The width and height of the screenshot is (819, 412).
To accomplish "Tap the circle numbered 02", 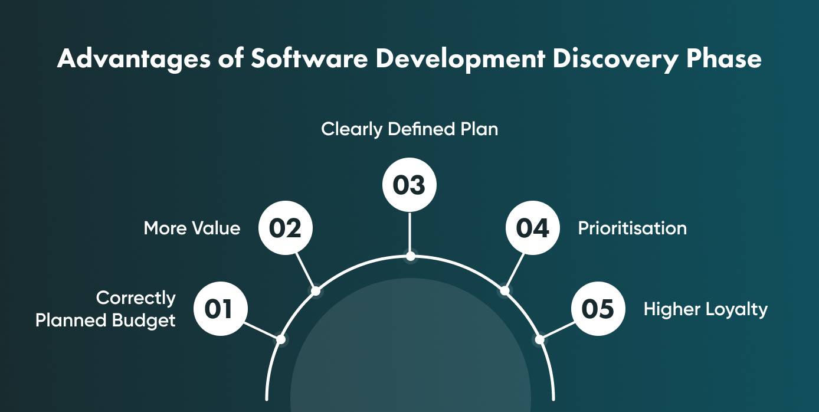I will (x=285, y=228).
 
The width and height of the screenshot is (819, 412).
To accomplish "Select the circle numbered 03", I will (x=409, y=185).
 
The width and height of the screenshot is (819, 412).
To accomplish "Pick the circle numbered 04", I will (x=532, y=228).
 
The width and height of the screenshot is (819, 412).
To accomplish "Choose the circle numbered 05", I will (x=598, y=309).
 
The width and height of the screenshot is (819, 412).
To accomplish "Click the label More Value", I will (x=192, y=228).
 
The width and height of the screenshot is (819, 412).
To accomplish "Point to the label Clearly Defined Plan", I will (x=409, y=129).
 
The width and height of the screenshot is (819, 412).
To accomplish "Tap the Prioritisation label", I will (x=632, y=228).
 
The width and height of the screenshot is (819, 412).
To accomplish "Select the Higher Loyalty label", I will (x=705, y=309).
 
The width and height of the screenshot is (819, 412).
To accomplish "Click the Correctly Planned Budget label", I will (x=106, y=309).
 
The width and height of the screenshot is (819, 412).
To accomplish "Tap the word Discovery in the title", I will (x=608, y=60).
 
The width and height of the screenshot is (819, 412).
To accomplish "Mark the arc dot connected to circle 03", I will (x=410, y=256).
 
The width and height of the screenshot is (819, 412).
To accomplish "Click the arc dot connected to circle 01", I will (x=281, y=339).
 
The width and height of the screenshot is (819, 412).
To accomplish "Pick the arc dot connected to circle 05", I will (x=539, y=339).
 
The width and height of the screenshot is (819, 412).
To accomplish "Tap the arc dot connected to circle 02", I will (x=316, y=290).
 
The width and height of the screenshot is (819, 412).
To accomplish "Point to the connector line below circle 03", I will (x=409, y=233).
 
